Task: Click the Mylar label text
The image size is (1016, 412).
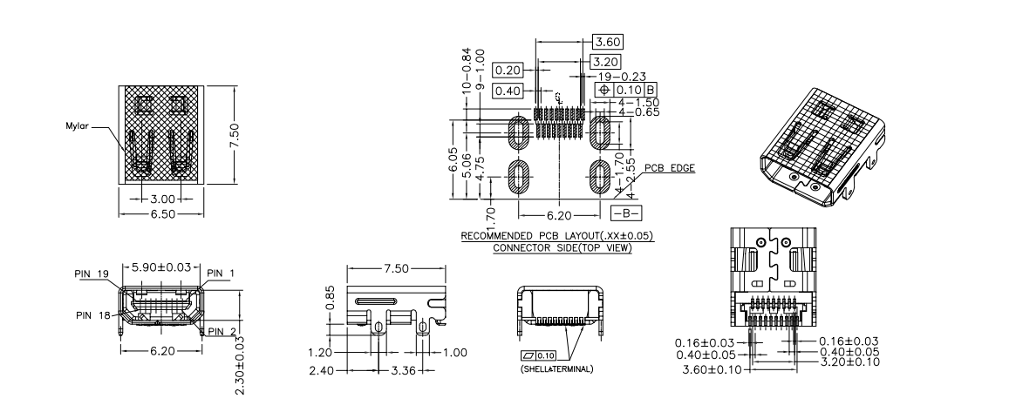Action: [78, 125]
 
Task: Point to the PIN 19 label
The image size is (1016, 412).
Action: [90, 273]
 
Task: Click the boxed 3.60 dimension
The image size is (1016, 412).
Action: [607, 41]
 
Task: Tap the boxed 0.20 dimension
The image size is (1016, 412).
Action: [507, 70]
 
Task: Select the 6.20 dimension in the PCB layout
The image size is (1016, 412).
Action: [558, 213]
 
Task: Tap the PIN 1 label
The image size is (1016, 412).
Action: [225, 273]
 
